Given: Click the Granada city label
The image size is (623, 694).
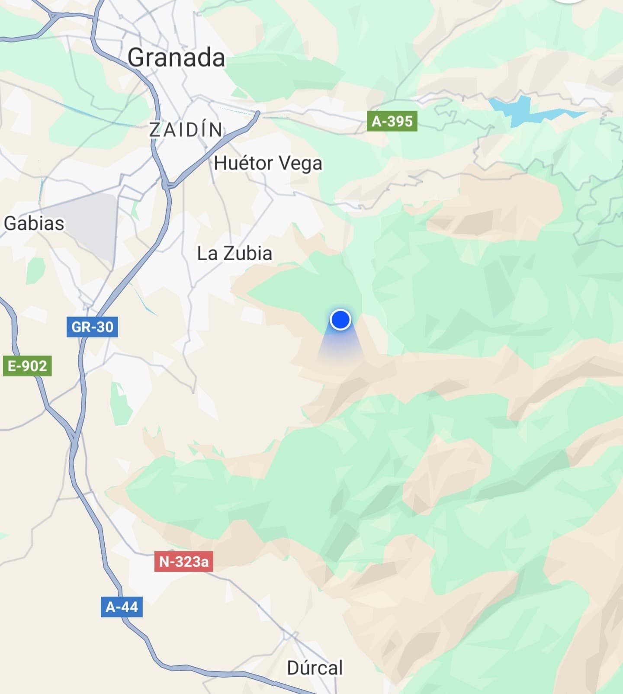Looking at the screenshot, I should pos(176,58).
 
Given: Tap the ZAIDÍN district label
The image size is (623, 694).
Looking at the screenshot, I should pos(186,130).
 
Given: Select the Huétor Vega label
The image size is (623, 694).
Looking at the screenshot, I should pos(268,164).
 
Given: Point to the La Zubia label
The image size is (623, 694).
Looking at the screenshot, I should pos(234,254).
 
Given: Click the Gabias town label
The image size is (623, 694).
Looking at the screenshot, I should pos(34,224).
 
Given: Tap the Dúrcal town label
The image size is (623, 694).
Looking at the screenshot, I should pos(315,668).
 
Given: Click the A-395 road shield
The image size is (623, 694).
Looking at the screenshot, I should pos(392,121).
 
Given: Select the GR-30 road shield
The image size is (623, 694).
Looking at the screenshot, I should pos(92,327).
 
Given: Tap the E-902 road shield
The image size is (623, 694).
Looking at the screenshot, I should pos(27,366).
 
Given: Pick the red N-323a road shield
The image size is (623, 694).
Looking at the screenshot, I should pos(184,562).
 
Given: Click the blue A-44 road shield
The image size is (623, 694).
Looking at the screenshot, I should pos(122,607).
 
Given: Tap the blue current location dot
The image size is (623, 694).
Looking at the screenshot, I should pos(340,320).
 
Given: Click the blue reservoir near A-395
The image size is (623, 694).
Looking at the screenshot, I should pos(519,110).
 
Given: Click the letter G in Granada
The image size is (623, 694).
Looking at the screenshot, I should pos(138,58).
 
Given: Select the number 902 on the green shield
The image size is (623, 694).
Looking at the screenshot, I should pos(34,366).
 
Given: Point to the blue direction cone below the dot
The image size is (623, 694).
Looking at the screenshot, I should pos(340,346).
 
